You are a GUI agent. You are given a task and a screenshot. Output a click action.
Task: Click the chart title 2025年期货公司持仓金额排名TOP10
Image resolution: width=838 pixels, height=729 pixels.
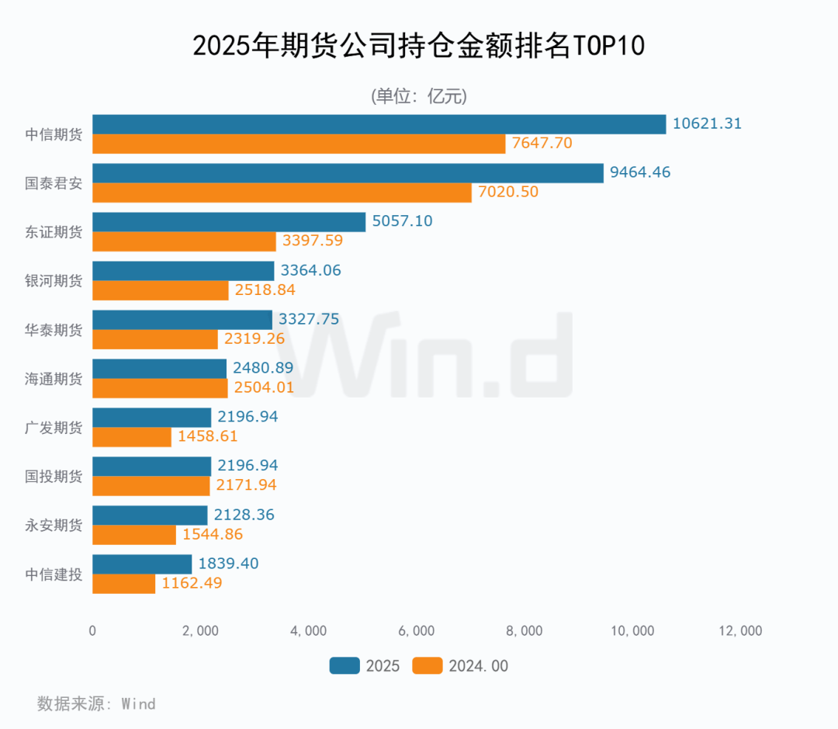coord(418,47)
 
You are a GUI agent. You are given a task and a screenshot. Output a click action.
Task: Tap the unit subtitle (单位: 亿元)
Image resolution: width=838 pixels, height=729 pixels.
coord(418,96)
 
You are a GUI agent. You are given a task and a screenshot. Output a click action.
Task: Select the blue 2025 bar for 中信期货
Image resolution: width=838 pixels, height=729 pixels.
coord(379,124)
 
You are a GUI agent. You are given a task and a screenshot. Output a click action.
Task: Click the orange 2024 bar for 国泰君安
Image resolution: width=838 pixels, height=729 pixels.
coord(282,192)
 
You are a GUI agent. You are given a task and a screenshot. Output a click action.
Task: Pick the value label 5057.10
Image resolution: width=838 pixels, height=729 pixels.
coord(402,221)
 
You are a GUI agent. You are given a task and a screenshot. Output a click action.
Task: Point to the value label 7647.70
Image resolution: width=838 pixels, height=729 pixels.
coord(542,144)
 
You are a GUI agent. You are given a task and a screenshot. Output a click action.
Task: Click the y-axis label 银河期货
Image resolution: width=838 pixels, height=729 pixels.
coord(54,280)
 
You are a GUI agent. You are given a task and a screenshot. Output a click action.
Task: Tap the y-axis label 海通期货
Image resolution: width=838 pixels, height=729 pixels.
coord(54,378)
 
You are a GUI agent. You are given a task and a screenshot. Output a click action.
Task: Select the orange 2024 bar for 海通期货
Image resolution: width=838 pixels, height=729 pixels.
coord(160,388)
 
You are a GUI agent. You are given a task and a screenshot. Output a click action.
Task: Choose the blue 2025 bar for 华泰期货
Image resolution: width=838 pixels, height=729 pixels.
coord(182,320)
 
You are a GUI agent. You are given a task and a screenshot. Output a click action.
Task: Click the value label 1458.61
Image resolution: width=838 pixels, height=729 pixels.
coord(207,436)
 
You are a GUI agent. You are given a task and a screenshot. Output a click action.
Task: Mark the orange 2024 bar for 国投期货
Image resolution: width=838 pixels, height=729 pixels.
coord(151,486)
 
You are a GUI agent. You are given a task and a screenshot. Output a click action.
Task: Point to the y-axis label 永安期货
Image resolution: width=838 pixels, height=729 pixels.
coord(54,525)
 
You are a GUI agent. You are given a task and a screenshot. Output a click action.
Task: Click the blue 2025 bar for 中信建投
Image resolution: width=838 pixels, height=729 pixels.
coord(142,564)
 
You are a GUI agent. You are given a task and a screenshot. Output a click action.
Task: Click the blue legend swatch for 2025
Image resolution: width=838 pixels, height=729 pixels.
coord(344,666)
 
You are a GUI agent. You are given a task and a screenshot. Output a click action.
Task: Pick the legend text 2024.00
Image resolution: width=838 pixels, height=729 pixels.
coord(478,666)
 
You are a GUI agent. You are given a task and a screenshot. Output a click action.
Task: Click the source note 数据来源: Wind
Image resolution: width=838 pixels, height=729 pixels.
coord(96,704)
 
